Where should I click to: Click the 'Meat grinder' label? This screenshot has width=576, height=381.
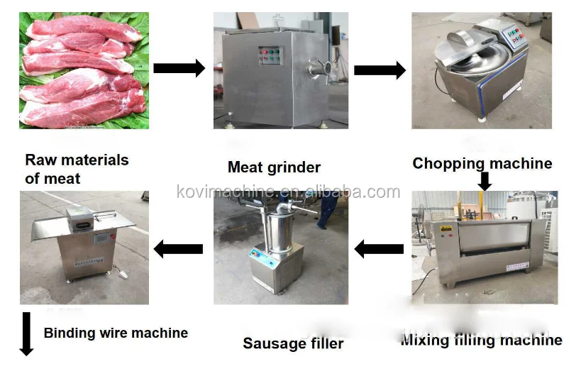[274, 168]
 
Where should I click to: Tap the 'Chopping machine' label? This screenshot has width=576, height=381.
[482, 164]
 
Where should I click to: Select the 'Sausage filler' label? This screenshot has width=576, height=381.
[293, 343]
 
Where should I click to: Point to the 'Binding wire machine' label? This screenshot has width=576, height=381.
[116, 333]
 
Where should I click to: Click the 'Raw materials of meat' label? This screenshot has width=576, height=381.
[77, 169]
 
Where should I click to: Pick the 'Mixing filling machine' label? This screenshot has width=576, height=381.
[481, 341]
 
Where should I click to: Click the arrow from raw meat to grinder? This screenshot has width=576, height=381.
[179, 68]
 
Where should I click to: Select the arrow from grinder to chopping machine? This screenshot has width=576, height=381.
[380, 70]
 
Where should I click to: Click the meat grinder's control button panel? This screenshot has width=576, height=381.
[270, 57]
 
